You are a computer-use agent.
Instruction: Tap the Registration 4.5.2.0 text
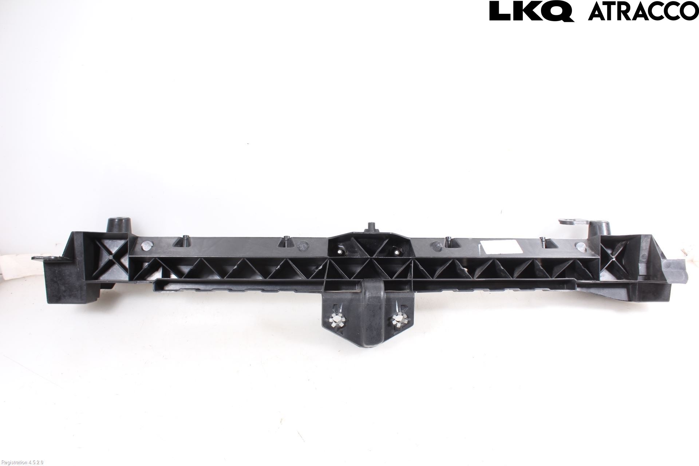tap(22, 463)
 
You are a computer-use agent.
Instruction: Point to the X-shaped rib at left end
tap(110, 257)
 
